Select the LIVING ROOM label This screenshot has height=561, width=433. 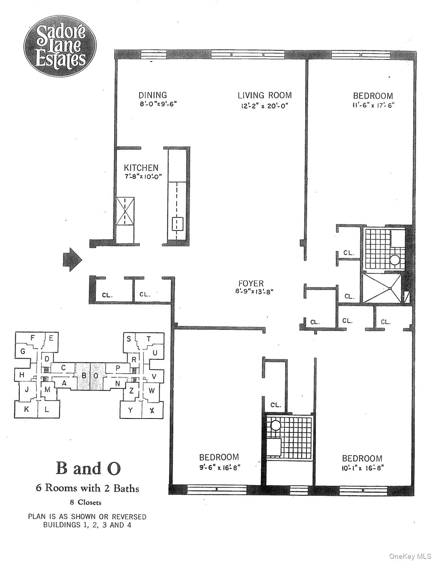tap(265, 95)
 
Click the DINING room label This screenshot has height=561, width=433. tap(152, 95)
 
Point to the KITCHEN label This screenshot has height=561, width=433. tap(141, 168)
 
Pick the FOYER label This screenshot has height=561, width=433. tap(251, 283)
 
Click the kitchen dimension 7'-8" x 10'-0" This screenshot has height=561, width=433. tap(143, 176)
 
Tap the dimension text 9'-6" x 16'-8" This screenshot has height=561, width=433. tap(219, 467)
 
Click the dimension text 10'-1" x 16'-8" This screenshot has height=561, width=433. tap(362, 468)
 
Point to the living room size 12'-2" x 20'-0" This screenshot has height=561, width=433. tap(264, 106)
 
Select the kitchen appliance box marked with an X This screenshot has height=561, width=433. tap(125, 211)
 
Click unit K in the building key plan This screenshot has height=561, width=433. tap(26, 409)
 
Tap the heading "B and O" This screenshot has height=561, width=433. tap(88, 469)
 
